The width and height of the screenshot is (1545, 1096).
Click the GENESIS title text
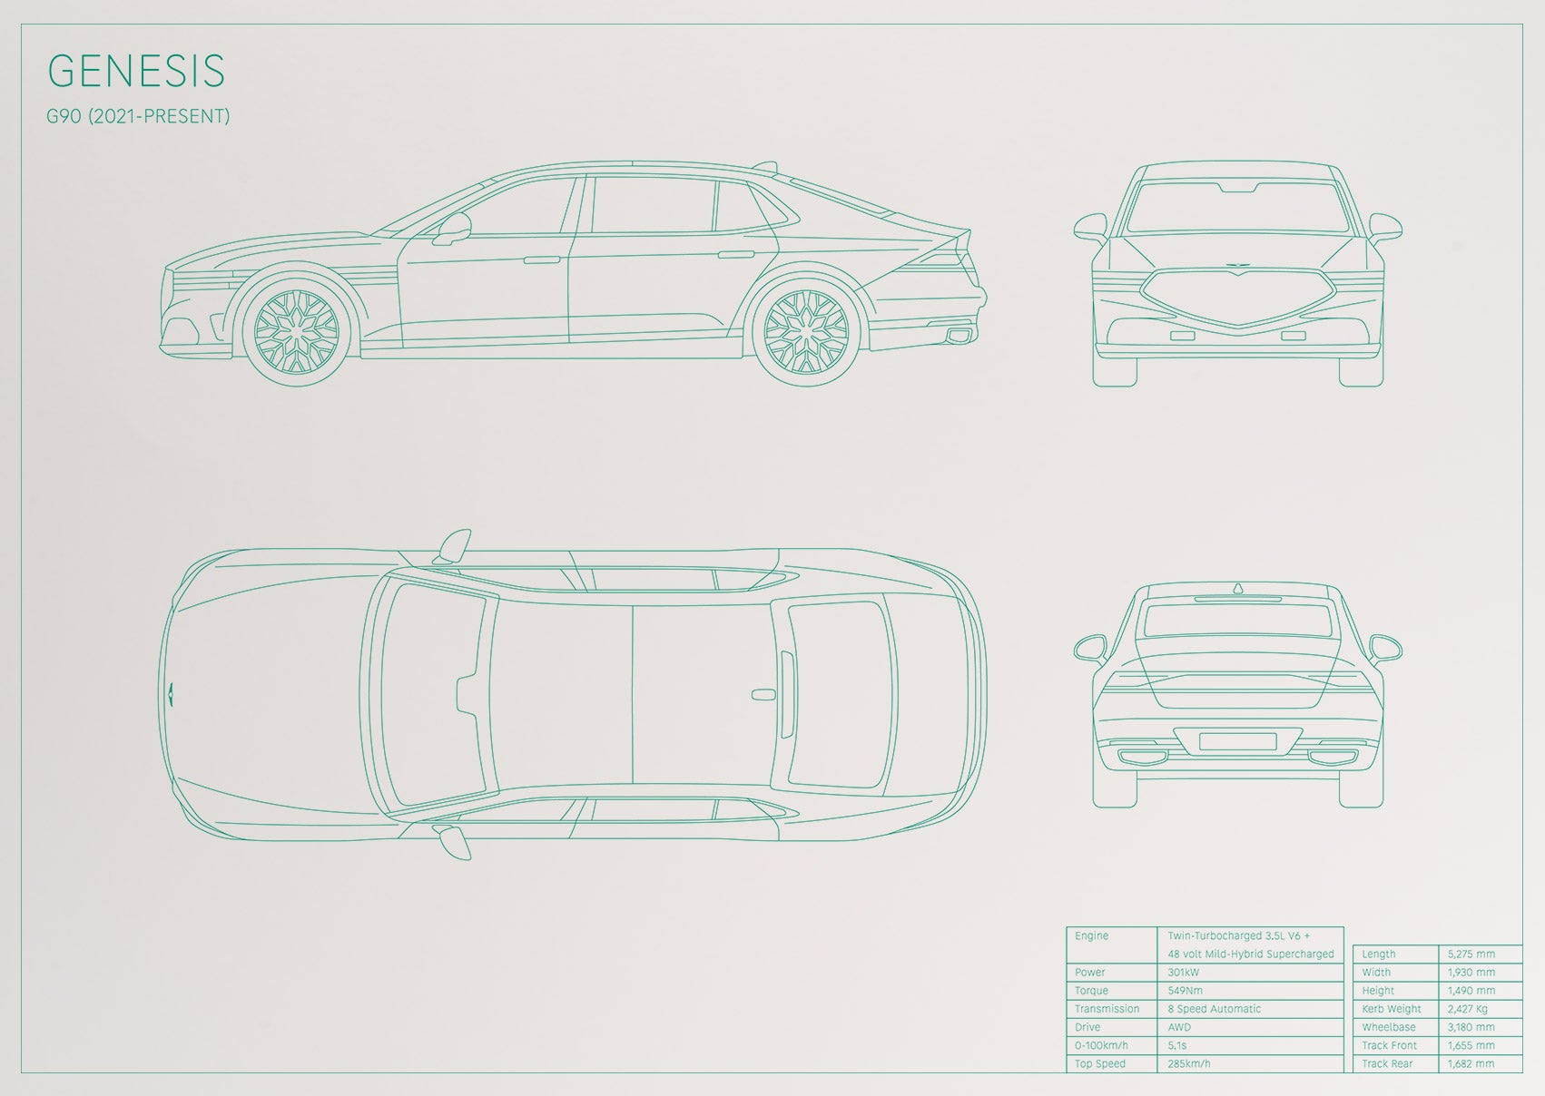pos(136,71)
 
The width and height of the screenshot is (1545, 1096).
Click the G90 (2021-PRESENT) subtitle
pos(138,116)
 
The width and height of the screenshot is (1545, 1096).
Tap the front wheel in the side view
pos(297,331)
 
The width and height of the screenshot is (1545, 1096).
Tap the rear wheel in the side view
pos(806,331)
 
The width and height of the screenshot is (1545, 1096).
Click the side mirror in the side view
pos(452,229)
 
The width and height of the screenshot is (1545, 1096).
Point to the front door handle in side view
pos(541,259)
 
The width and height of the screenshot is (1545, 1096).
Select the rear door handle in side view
pos(735,255)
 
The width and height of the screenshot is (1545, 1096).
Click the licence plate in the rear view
pos(1237,741)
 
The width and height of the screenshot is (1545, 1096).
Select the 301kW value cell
pos(1184,972)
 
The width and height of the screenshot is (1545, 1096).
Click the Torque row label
pos(1091,991)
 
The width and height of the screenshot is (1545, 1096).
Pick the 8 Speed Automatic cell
pos(1214,1009)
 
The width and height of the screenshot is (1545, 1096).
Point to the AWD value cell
pos(1179,1027)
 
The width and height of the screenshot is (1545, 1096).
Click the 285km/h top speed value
pos(1189,1063)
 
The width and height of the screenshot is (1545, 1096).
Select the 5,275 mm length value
pos(1471,954)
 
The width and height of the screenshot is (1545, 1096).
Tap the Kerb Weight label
pos(1392,1009)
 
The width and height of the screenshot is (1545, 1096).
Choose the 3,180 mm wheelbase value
pos(1471,1027)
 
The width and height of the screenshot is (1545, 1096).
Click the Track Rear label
pos(1386,1063)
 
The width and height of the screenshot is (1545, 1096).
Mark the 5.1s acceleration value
pos(1176,1046)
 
